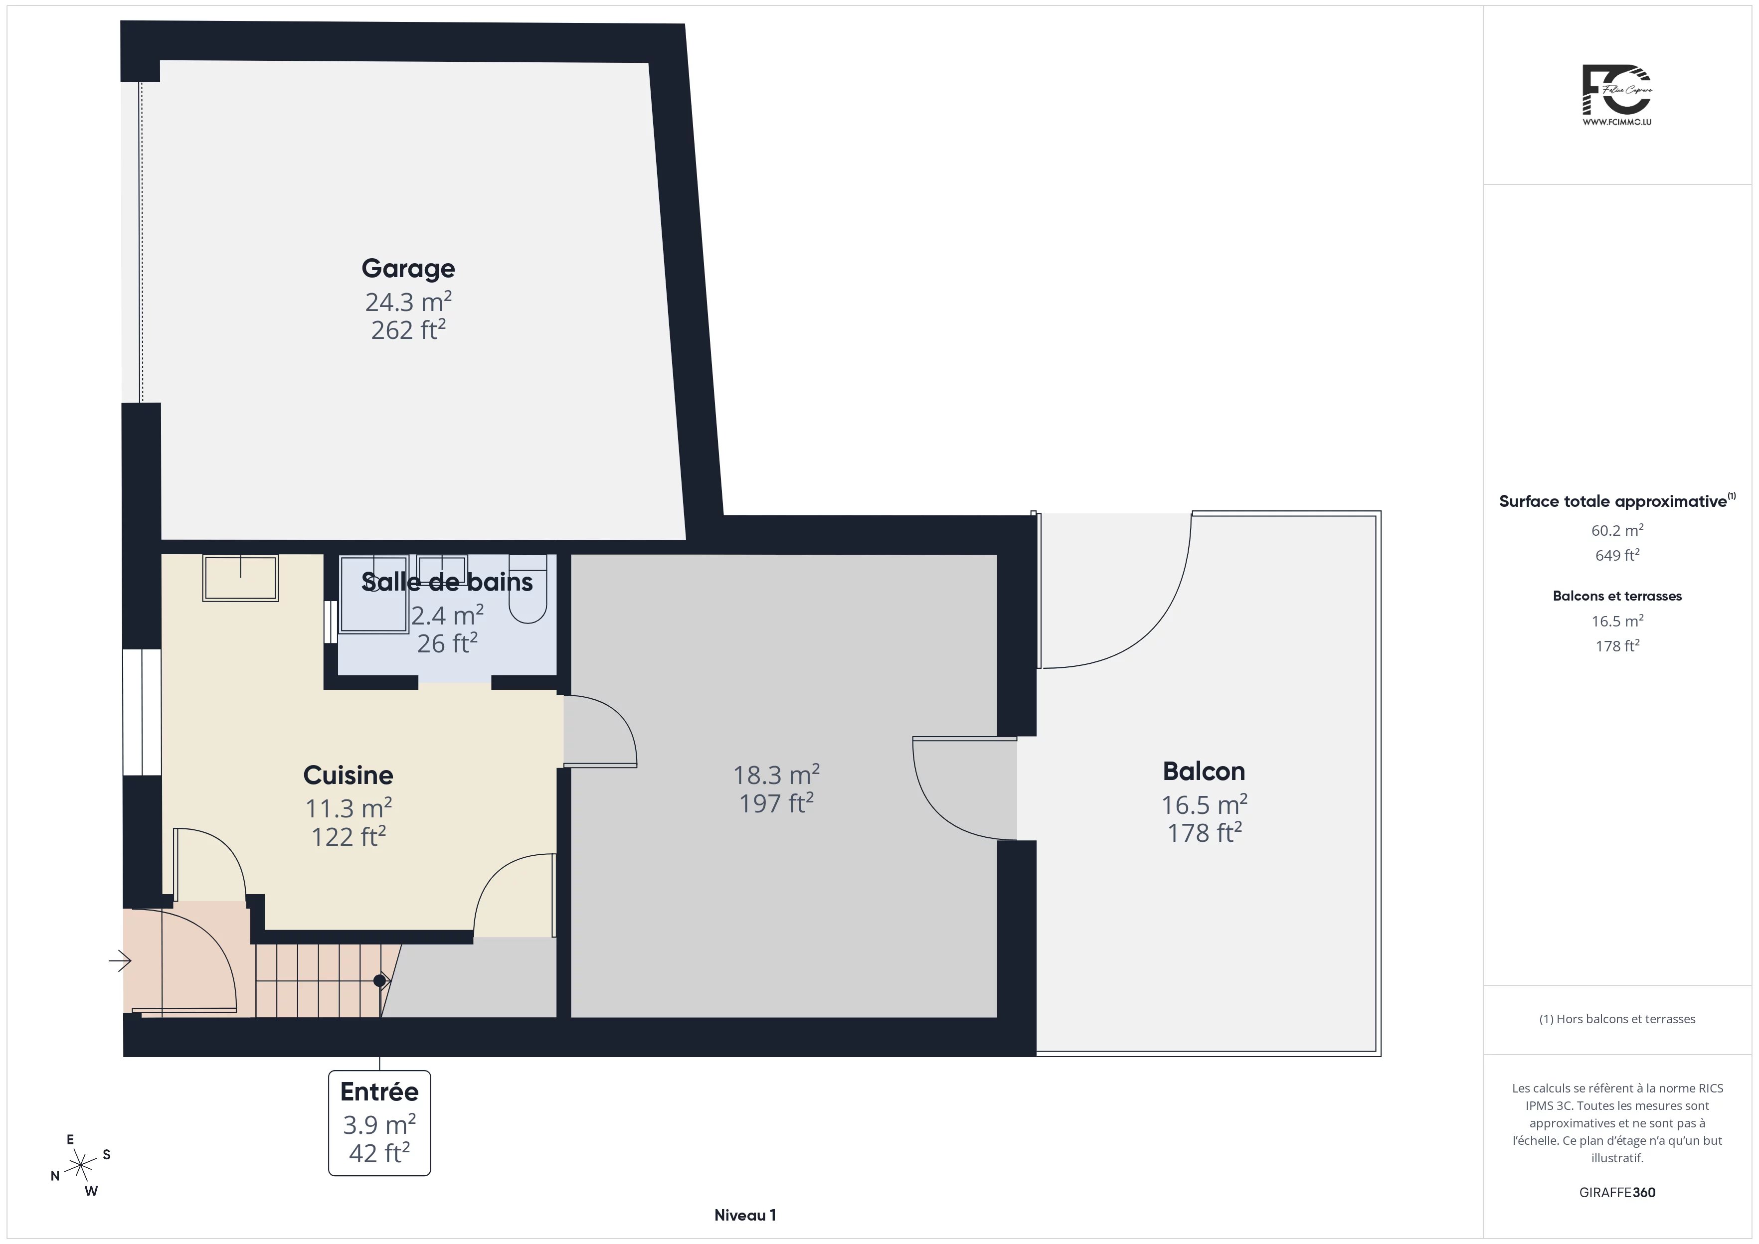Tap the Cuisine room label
pyautogui.click(x=348, y=775)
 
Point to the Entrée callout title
pyautogui.click(x=379, y=1091)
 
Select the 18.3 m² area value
pyautogui.click(x=776, y=775)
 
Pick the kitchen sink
pyautogui.click(x=240, y=578)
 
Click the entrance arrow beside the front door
pyautogui.click(x=120, y=960)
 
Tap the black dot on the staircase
pyautogui.click(x=379, y=980)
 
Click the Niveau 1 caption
pyautogui.click(x=745, y=1215)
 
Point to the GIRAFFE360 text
pyautogui.click(x=1617, y=1193)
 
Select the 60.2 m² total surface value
pyautogui.click(x=1617, y=530)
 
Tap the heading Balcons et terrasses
pyautogui.click(x=1617, y=596)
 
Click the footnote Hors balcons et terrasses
pyautogui.click(x=1617, y=1019)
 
